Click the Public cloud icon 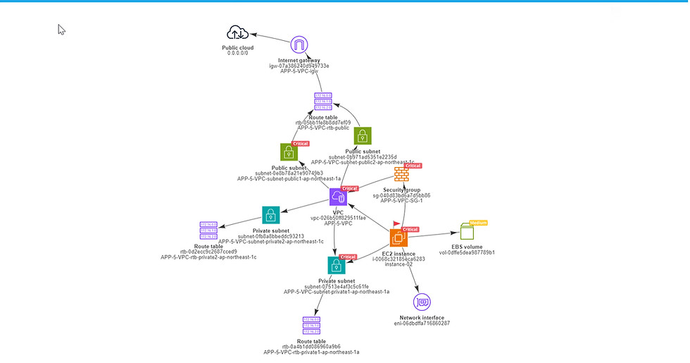click(237, 32)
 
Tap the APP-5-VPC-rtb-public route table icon click(323, 101)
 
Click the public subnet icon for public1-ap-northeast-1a click(289, 152)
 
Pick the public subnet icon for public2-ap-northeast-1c click(362, 135)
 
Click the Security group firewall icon click(401, 174)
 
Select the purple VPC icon click(338, 197)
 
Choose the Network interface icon click(422, 302)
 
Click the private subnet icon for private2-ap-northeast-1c click(271, 215)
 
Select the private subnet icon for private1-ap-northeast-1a click(337, 265)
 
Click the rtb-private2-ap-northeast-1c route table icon click(208, 230)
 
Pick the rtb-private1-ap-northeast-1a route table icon click(311, 325)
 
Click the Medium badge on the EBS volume click(479, 223)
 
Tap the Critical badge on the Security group click(413, 166)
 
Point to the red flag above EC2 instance click(396, 223)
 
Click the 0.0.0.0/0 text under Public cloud click(237, 54)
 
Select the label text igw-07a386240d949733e click(299, 66)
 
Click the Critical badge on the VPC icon click(350, 188)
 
